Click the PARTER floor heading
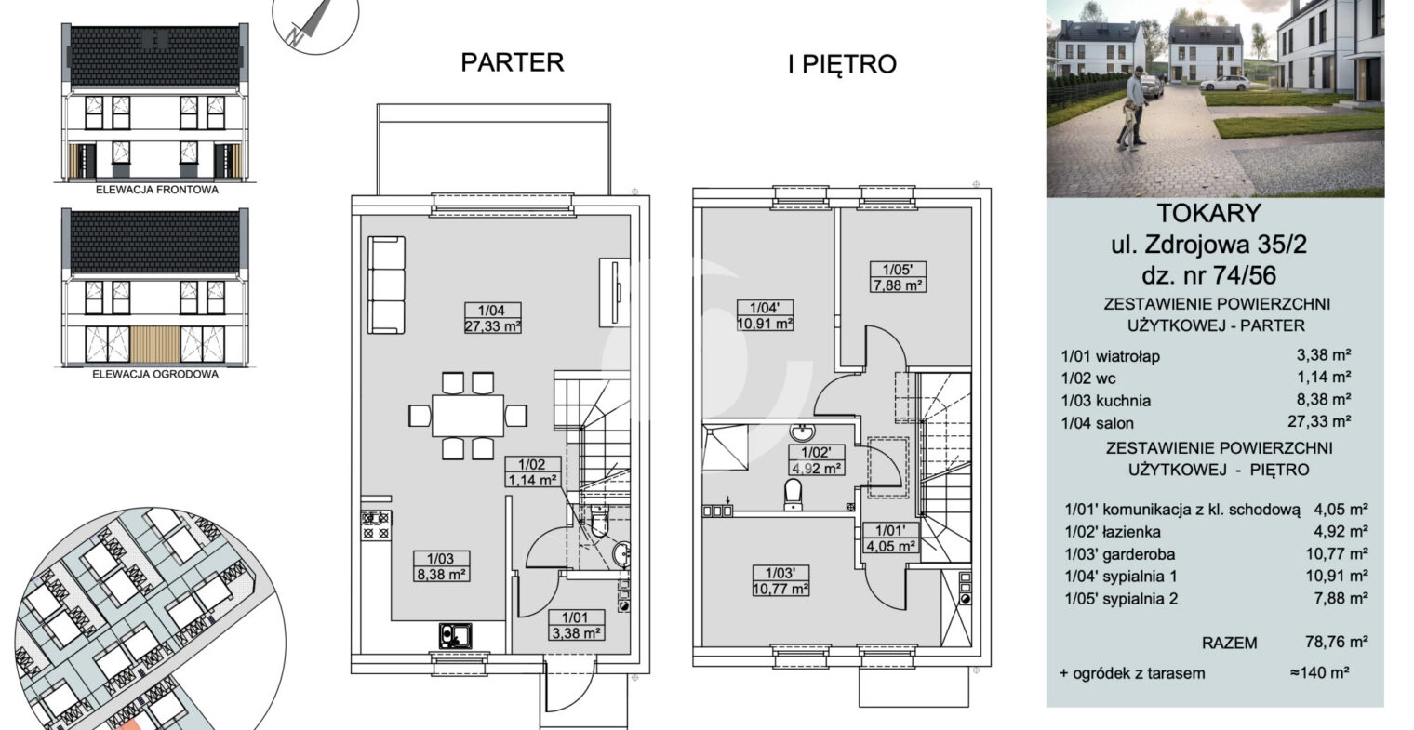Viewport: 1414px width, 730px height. (512, 62)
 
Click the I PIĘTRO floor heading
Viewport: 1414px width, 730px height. (842, 64)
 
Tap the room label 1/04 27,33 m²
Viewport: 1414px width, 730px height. (493, 318)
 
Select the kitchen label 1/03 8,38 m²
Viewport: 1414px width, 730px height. (441, 566)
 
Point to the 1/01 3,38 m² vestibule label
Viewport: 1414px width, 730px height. (575, 625)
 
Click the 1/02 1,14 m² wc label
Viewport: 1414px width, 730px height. (532, 472)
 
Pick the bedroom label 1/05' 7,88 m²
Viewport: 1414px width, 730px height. (898, 278)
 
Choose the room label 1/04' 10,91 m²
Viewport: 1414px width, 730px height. (765, 315)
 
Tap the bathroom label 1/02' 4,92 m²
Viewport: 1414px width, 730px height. (816, 460)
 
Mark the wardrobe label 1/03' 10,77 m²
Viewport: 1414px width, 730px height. (780, 580)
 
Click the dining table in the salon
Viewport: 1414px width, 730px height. (468, 416)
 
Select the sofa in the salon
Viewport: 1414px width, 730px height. (386, 285)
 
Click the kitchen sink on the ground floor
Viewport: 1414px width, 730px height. (455, 636)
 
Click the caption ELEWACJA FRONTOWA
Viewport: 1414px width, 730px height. (157, 190)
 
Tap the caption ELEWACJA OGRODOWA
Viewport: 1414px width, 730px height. (155, 374)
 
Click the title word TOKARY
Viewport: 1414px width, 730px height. (1208, 213)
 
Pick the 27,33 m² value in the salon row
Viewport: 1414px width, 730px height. (1319, 421)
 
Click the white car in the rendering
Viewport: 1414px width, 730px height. (1224, 84)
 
